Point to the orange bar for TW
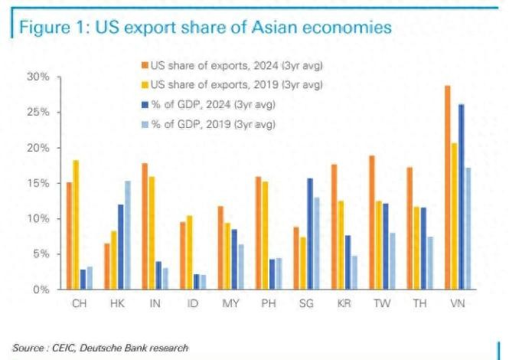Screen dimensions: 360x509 tap(372, 222)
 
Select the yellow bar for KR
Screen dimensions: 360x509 tap(341, 245)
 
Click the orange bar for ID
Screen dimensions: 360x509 tap(182, 256)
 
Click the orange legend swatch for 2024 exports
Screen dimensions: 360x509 tap(144, 67)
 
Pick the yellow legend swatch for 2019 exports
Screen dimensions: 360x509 tap(144, 85)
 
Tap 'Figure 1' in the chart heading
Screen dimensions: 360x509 tap(50, 28)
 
